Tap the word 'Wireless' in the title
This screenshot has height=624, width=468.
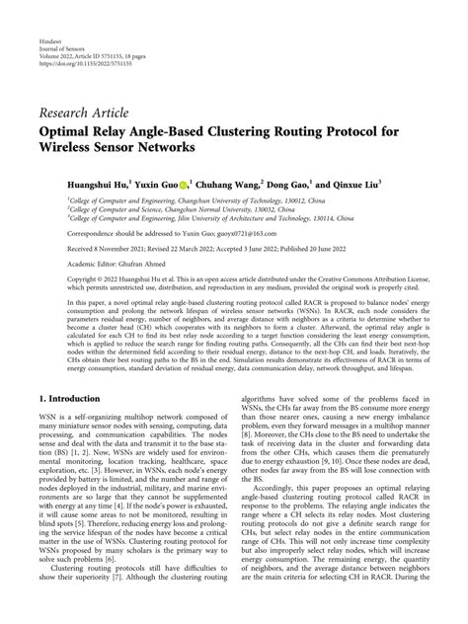pyautogui.click(x=72, y=148)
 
